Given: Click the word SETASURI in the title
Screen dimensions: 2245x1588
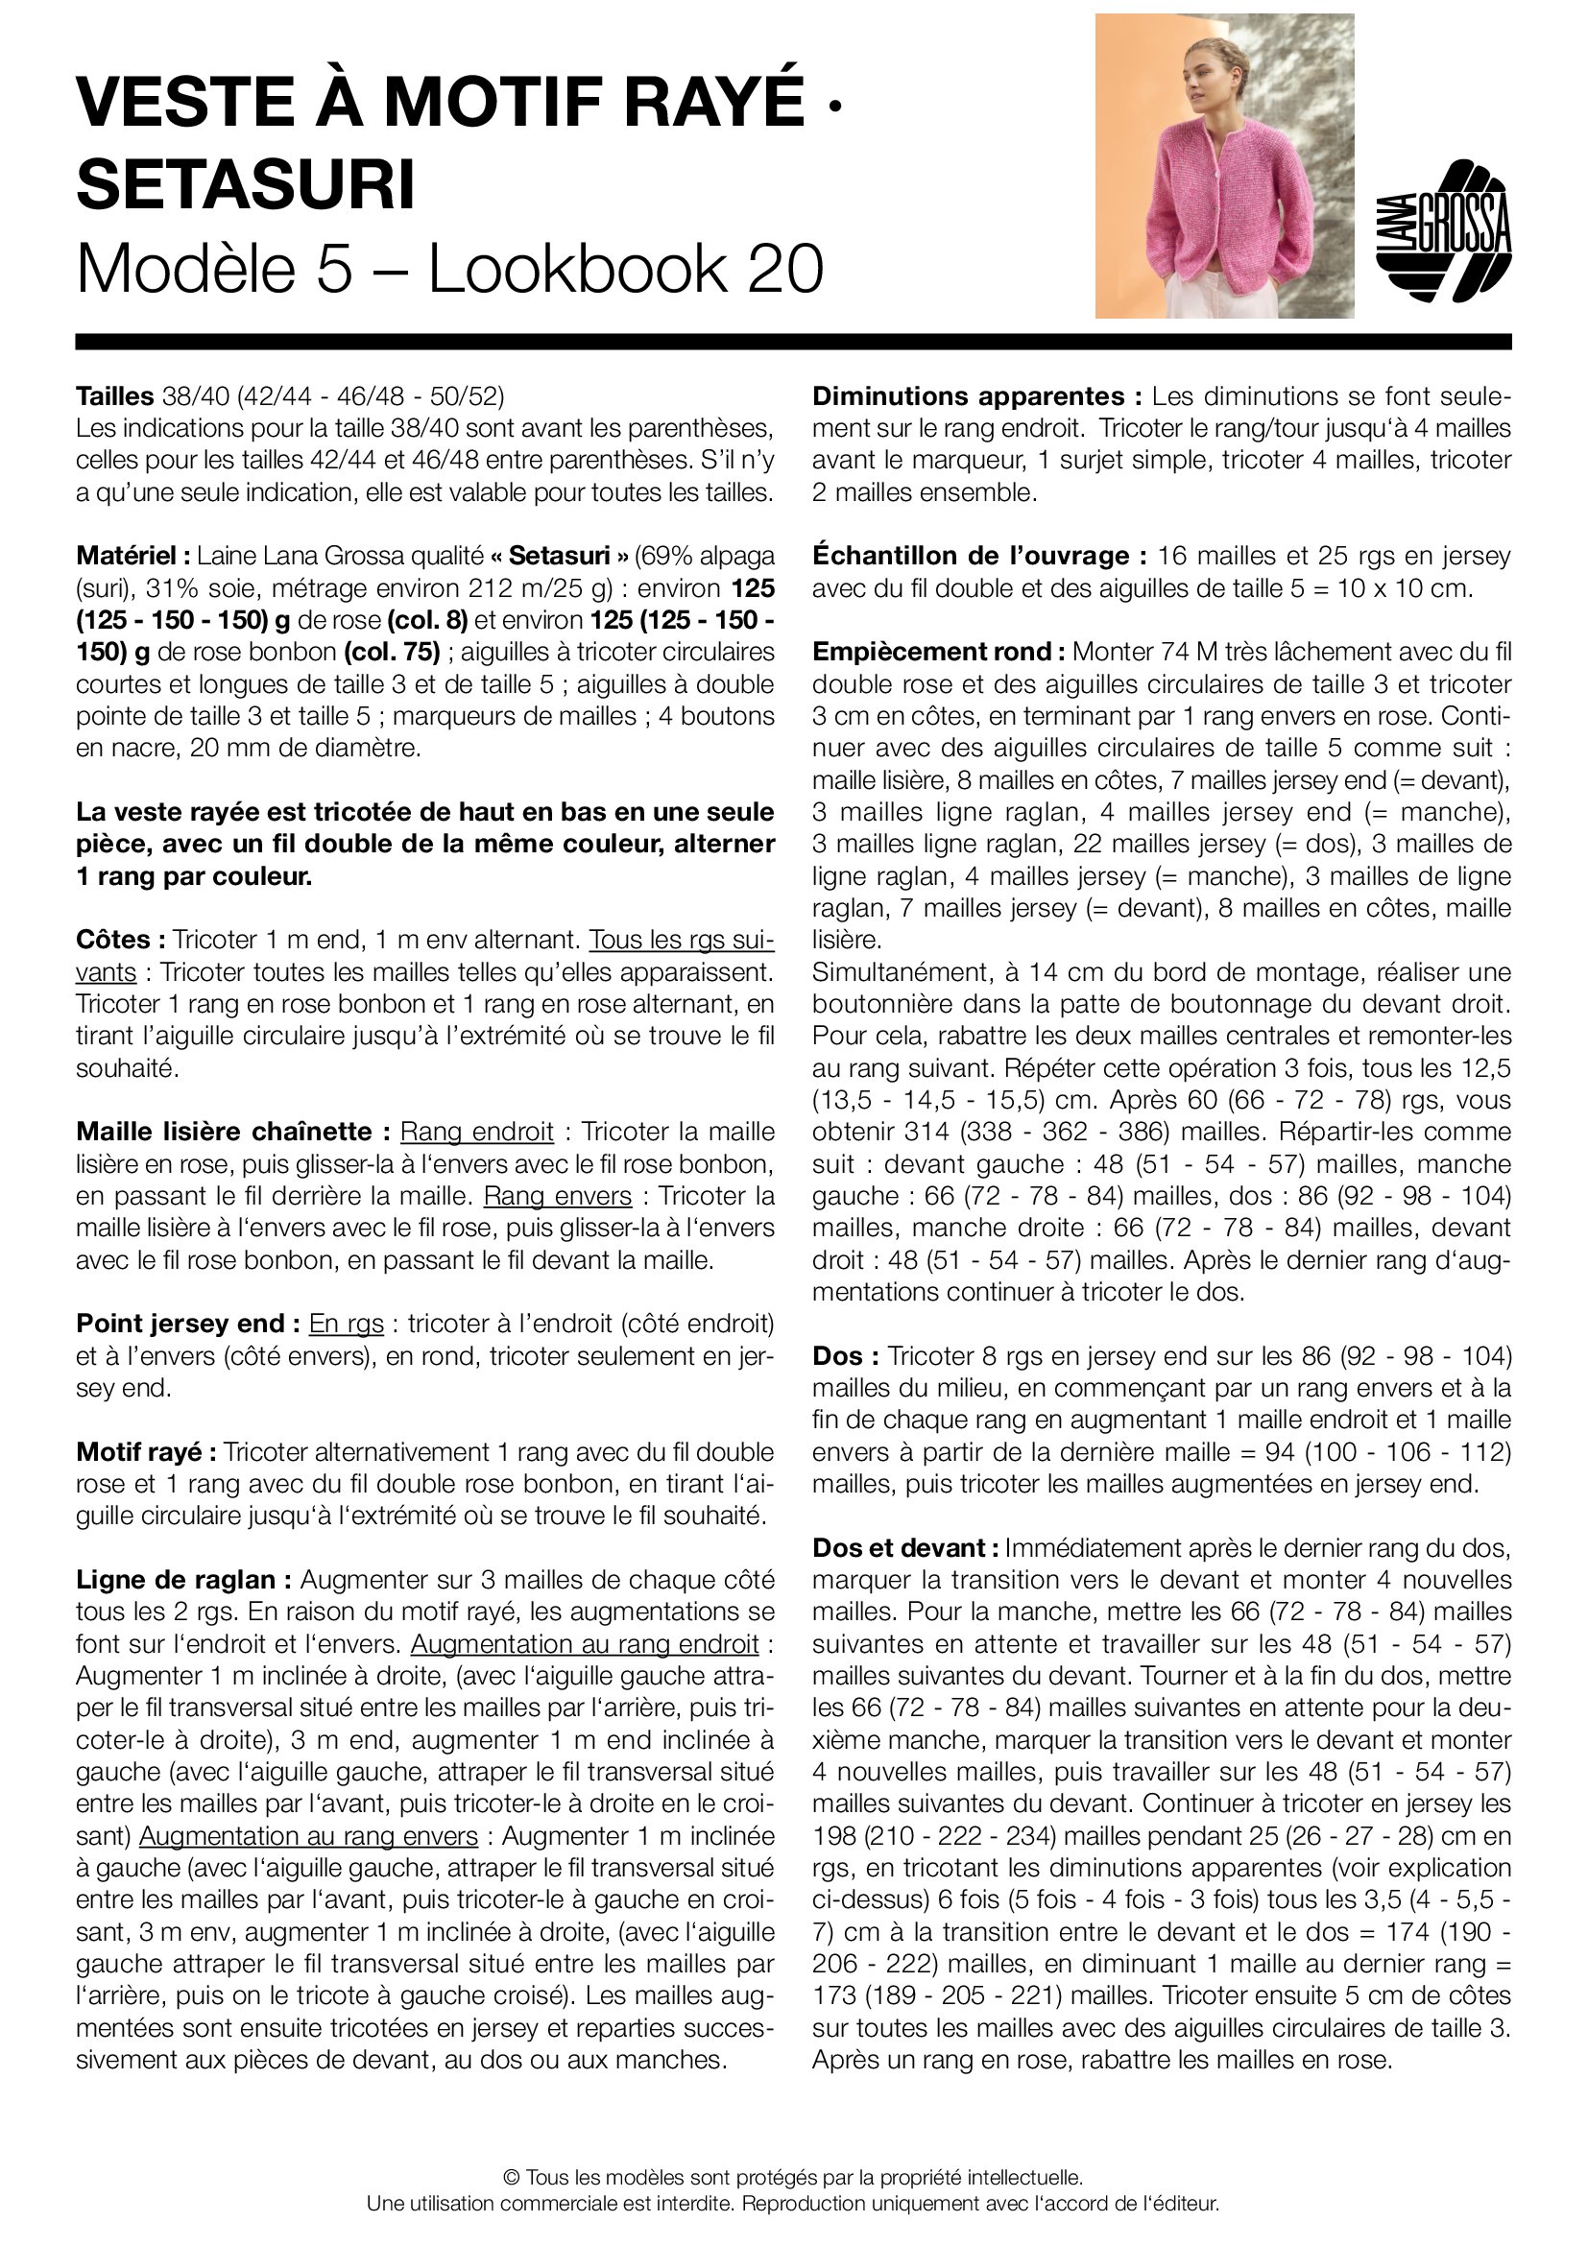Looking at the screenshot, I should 246,184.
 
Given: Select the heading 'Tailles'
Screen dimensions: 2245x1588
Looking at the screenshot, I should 114,396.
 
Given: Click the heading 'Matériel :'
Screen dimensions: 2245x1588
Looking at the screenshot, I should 133,557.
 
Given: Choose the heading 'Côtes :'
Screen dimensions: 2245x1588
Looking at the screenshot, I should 120,941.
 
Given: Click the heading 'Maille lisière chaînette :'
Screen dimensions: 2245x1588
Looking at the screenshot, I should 233,1133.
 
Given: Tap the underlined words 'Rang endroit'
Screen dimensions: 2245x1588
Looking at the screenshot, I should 476,1133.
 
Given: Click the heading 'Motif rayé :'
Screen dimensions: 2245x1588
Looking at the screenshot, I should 146,1452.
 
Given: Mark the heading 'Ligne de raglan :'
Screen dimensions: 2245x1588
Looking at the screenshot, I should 183,1580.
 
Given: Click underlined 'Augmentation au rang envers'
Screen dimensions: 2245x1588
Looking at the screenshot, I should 308,1836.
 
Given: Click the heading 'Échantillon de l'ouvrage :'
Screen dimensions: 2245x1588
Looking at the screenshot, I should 978,557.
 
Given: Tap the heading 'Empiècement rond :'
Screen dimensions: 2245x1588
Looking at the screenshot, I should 938,652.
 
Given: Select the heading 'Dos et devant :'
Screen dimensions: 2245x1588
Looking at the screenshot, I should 904,1549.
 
